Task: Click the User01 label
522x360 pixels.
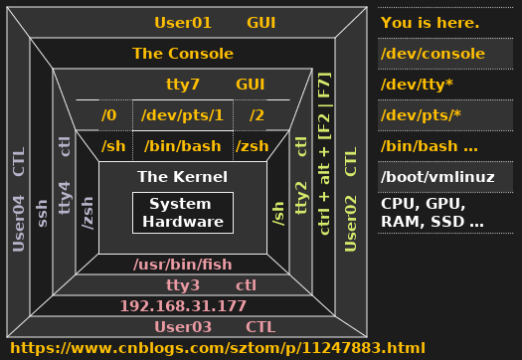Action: (x=183, y=22)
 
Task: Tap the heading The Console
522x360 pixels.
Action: (x=183, y=54)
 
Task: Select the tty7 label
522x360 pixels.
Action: (x=183, y=86)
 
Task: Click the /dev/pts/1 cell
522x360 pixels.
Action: (x=182, y=115)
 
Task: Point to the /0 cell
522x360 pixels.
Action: (x=109, y=115)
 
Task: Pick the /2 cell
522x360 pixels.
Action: (x=258, y=115)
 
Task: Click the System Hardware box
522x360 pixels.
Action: (x=183, y=213)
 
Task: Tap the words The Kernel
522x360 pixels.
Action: (x=183, y=177)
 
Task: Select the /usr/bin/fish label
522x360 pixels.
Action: (x=183, y=265)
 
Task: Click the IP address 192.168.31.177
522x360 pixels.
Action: (x=183, y=305)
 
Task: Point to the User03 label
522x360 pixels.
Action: (x=183, y=327)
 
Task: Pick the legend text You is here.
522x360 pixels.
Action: (x=430, y=23)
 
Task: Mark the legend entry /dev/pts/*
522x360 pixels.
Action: (x=421, y=115)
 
